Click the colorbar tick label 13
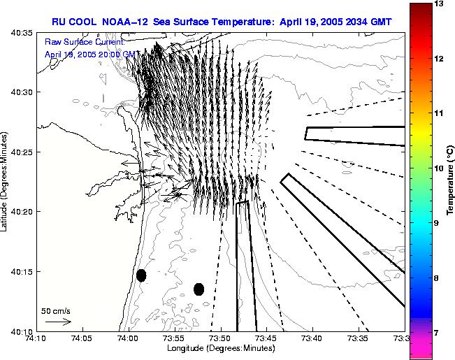tap(440, 4)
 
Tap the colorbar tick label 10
tap(440, 168)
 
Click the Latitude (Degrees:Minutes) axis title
tap(5, 181)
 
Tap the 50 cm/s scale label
tap(55, 310)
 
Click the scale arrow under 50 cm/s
tap(58, 322)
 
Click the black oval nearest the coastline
tap(141, 275)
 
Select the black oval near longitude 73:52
tap(198, 289)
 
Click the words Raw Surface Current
tap(84, 42)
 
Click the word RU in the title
tap(59, 21)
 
